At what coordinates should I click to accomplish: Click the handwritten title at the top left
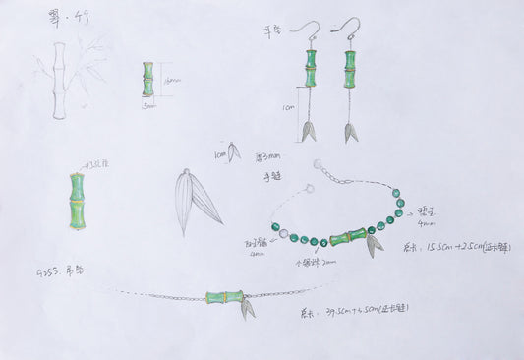61,19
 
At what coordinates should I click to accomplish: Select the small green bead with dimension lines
148,79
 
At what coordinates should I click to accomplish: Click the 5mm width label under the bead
147,103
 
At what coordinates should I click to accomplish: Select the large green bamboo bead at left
77,201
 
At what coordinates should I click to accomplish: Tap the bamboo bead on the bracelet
347,237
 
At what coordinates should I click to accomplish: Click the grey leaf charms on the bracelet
374,243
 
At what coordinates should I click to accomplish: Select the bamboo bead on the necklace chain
224,296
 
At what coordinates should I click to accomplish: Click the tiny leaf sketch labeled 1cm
234,151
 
